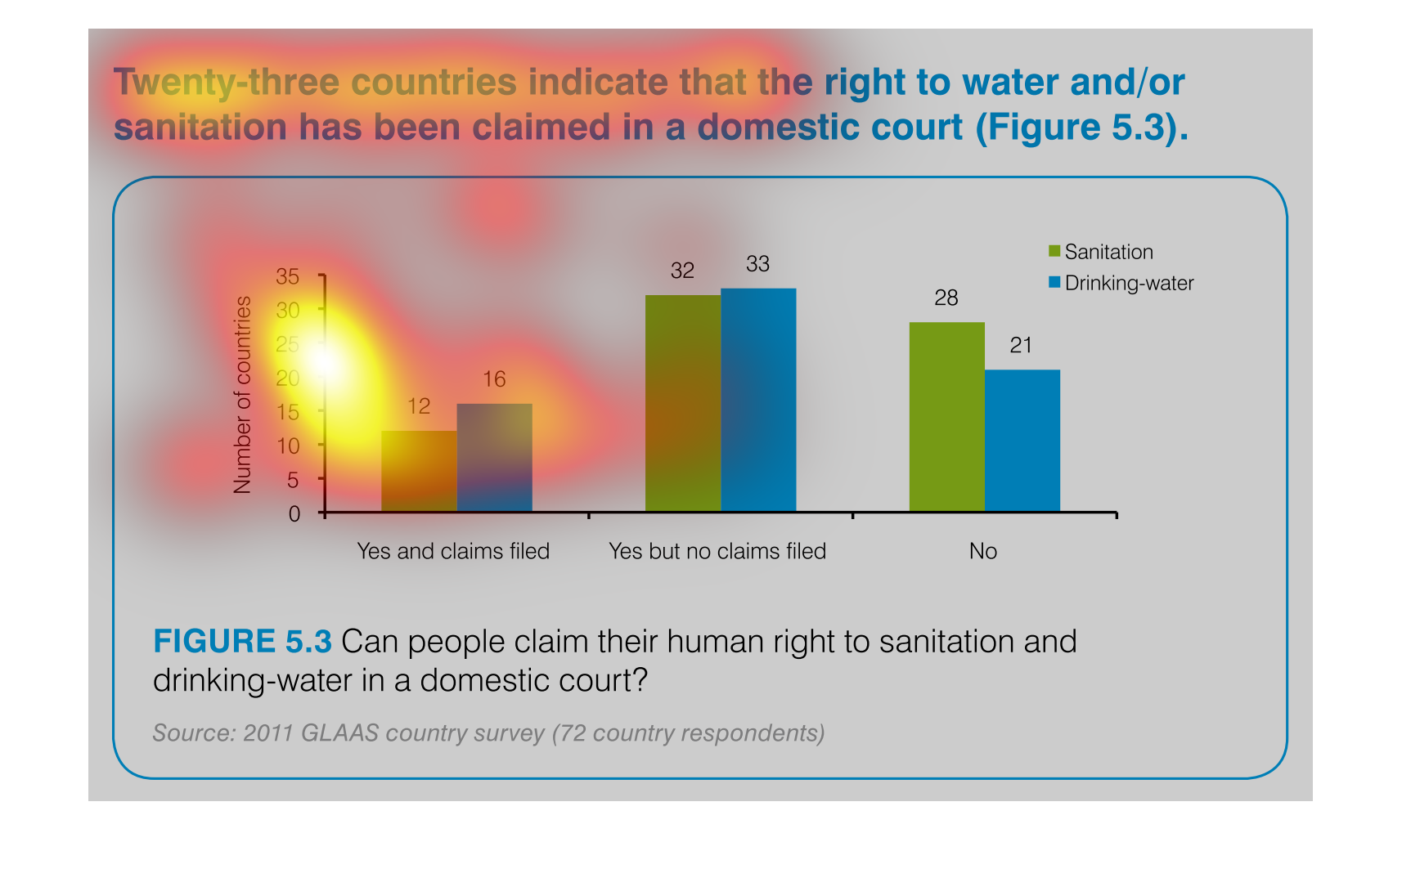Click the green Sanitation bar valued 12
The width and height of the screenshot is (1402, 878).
(x=420, y=471)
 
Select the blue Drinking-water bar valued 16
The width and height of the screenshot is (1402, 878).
(x=495, y=458)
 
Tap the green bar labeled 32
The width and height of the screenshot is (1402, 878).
(x=684, y=403)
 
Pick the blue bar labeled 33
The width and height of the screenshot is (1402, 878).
(x=759, y=401)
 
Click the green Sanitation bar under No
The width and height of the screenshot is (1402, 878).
(x=947, y=417)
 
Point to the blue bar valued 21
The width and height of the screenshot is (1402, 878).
(x=1022, y=441)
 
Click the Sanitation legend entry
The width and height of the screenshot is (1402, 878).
(x=1101, y=252)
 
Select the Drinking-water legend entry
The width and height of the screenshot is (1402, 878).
(x=1121, y=284)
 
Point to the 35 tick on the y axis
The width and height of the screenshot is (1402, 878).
(x=288, y=276)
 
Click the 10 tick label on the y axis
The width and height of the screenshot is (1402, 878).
(x=288, y=446)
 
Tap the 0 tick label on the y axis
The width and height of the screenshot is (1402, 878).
(x=294, y=514)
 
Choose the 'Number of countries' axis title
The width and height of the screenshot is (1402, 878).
(x=242, y=395)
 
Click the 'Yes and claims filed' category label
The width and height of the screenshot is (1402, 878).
(x=453, y=551)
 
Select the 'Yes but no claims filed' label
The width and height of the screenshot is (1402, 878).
(x=717, y=551)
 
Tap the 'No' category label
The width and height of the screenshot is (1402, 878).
(x=983, y=551)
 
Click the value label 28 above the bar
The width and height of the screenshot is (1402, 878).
(x=946, y=298)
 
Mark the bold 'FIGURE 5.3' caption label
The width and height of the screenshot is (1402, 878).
(x=243, y=642)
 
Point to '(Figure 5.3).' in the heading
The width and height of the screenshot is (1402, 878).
(x=1082, y=128)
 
